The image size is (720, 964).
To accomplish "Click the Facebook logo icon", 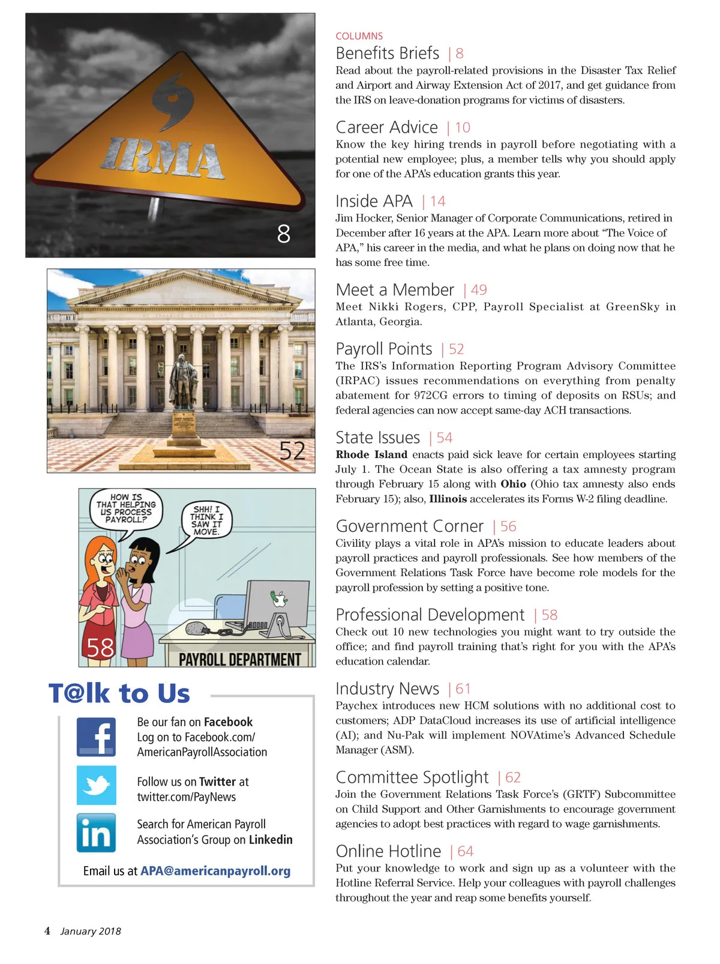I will pyautogui.click(x=96, y=737).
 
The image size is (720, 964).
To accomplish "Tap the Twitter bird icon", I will pyautogui.click(x=96, y=785).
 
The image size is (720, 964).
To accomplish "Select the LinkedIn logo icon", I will pyautogui.click(x=96, y=833).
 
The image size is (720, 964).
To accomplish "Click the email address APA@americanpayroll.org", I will pyautogui.click(x=215, y=871).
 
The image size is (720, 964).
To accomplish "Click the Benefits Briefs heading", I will pyautogui.click(x=387, y=53).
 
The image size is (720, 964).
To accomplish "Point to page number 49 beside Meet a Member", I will pyautogui.click(x=479, y=290).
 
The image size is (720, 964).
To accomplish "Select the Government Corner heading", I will pyautogui.click(x=409, y=526).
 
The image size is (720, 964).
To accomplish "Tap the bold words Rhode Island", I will pyautogui.click(x=371, y=454).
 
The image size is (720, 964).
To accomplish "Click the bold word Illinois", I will pyautogui.click(x=448, y=499).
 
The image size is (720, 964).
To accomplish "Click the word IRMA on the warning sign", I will pyautogui.click(x=162, y=159).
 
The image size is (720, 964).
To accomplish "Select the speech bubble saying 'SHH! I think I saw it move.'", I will pyautogui.click(x=206, y=520).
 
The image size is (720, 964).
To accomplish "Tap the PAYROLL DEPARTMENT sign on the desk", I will pyautogui.click(x=240, y=660).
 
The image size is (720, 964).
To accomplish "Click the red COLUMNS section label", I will pyautogui.click(x=359, y=36).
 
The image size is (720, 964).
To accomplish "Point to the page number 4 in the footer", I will pyautogui.click(x=47, y=931).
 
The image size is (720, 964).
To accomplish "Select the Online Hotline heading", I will pyautogui.click(x=388, y=851).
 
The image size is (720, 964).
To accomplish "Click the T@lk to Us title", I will pyautogui.click(x=119, y=694).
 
